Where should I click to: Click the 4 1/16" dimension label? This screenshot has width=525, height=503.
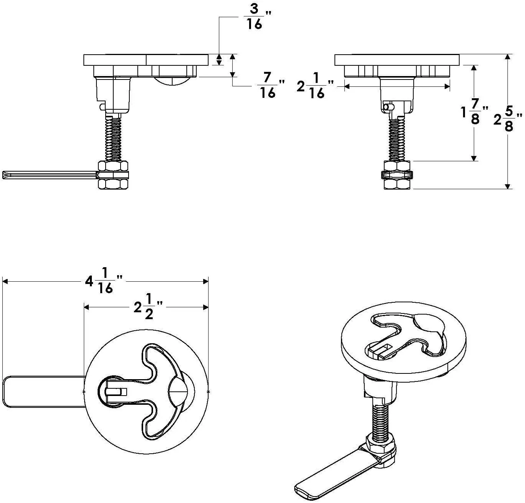101,281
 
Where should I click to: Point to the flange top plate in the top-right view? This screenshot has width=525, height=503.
397,60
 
